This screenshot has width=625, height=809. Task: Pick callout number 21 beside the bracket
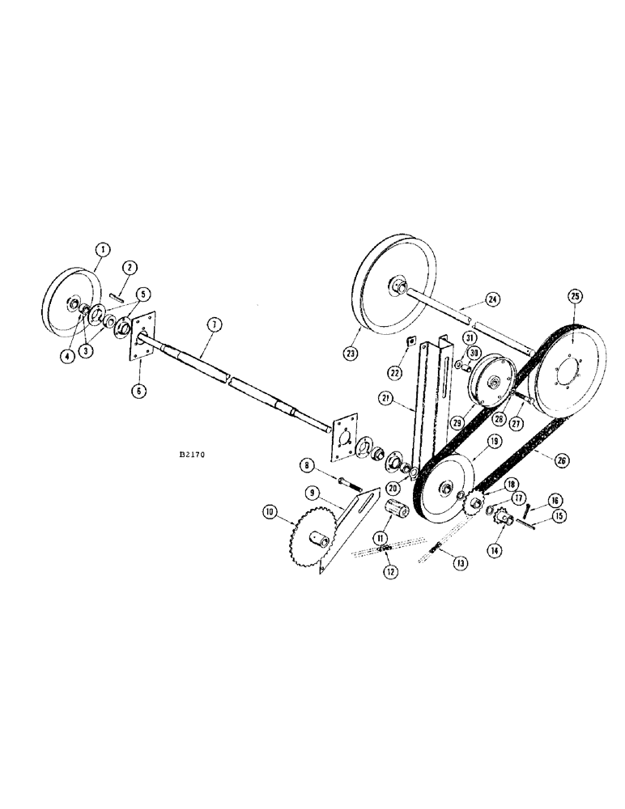(x=387, y=399)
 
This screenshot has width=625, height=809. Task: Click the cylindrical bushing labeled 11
(x=398, y=514)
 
